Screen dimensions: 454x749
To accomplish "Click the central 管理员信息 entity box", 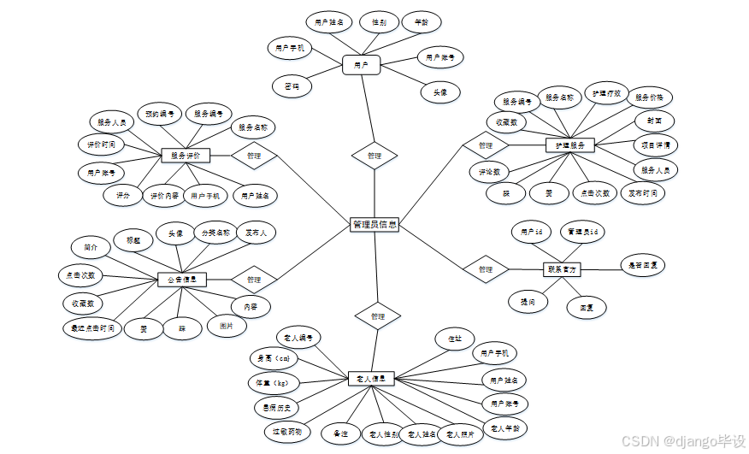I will pos(374,224).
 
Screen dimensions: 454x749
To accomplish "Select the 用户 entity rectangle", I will pos(361,64).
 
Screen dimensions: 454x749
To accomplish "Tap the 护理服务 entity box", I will pos(569,145).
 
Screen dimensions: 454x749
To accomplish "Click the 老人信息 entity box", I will pos(371,378).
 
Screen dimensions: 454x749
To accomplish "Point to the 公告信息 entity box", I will pos(182,280).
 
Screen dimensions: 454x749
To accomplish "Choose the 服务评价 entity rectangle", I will pos(186,156).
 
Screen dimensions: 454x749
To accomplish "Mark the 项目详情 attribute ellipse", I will pos(656,144).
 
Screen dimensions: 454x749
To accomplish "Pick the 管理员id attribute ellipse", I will pos(583,232).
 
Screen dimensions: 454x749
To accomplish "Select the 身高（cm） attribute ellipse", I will pos(273,358).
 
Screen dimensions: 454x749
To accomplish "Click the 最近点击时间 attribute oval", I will pos(92,327).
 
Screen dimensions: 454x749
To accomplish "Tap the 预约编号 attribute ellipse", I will pos(160,113).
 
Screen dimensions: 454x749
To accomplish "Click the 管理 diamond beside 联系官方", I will pos(486,269).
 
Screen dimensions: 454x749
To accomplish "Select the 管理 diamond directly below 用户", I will pos(374,156).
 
